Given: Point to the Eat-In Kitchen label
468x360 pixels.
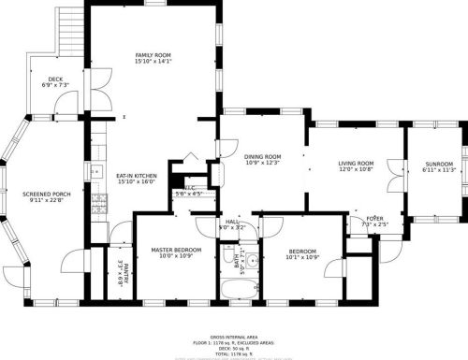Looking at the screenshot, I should (136, 176).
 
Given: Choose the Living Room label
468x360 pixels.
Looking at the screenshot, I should (356, 164).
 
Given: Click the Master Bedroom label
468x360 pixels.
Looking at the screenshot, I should (177, 251).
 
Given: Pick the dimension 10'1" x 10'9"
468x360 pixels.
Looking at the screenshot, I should (301, 258).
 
